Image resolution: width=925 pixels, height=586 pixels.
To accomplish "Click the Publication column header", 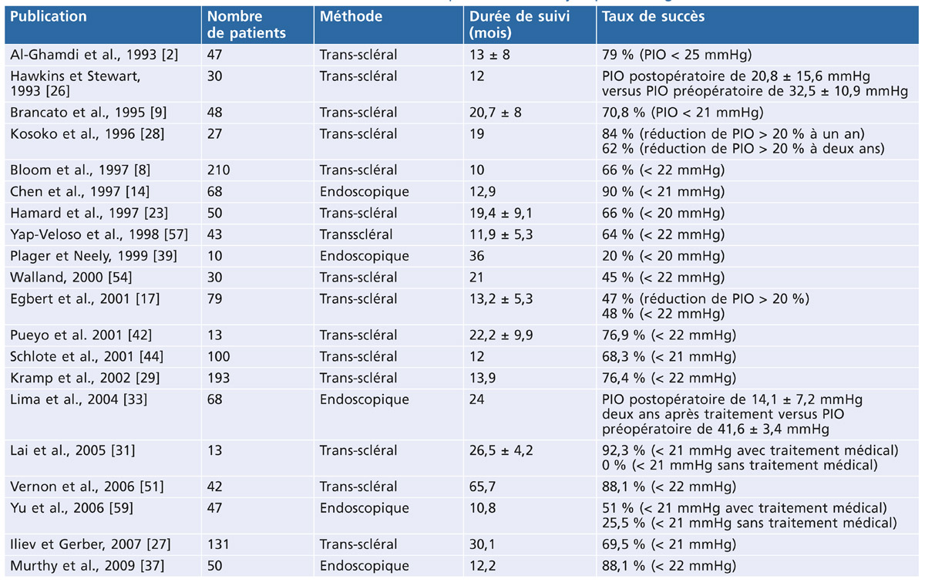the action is click(x=49, y=16).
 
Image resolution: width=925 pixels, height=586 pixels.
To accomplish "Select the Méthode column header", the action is click(x=351, y=16).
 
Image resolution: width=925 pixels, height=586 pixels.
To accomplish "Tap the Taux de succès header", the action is click(x=654, y=16).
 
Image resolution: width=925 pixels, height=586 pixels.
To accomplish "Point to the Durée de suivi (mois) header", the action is click(x=520, y=25).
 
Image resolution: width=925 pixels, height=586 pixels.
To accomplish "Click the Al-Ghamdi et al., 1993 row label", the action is click(x=94, y=55).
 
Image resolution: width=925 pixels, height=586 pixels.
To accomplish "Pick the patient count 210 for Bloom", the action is click(x=218, y=170).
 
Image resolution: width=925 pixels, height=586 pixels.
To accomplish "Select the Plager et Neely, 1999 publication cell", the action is click(x=93, y=256).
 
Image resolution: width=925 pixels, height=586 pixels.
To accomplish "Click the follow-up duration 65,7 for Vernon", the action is click(x=483, y=487).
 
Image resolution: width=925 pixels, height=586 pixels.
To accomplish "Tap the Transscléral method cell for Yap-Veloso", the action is click(x=356, y=234).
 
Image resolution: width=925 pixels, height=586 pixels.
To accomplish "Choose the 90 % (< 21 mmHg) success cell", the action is click(x=663, y=192).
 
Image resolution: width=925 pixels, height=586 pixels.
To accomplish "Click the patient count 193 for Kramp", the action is click(x=218, y=378).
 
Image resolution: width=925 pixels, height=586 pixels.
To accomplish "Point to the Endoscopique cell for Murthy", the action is click(x=364, y=566).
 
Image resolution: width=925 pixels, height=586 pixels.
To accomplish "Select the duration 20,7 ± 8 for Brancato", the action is click(x=495, y=113).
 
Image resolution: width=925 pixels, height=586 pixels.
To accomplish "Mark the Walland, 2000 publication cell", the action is click(x=71, y=277).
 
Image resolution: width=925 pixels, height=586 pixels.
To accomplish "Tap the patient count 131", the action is click(x=218, y=544).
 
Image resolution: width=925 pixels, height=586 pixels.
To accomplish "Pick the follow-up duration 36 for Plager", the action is click(x=476, y=256).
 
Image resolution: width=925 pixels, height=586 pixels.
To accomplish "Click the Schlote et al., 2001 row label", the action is click(x=86, y=356).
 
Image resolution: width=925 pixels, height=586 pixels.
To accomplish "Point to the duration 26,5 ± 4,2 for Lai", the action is click(x=501, y=450).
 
